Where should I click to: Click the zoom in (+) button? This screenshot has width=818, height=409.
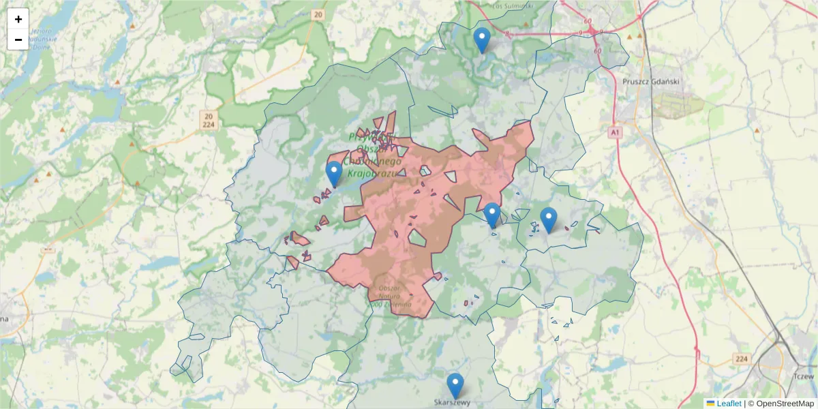click(x=18, y=19)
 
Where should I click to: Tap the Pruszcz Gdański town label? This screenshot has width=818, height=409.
click(x=651, y=81)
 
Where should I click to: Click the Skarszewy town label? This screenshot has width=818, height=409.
click(x=452, y=402)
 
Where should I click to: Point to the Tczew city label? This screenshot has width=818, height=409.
click(x=804, y=376)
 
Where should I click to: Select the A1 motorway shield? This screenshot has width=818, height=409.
click(x=615, y=131)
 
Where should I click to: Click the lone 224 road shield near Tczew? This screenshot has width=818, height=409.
click(x=742, y=359)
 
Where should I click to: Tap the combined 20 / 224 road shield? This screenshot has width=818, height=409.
click(x=209, y=120)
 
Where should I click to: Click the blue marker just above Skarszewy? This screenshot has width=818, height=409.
click(x=455, y=386)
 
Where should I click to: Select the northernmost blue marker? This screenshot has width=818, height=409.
click(x=482, y=40)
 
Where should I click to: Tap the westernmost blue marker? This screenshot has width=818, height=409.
click(x=333, y=174)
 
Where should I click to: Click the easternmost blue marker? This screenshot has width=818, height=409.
click(x=548, y=219)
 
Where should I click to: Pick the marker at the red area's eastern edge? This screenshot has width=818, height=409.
click(x=491, y=215)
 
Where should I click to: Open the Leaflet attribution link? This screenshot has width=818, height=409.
click(x=729, y=404)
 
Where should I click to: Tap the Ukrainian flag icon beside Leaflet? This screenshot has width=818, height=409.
click(x=710, y=404)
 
